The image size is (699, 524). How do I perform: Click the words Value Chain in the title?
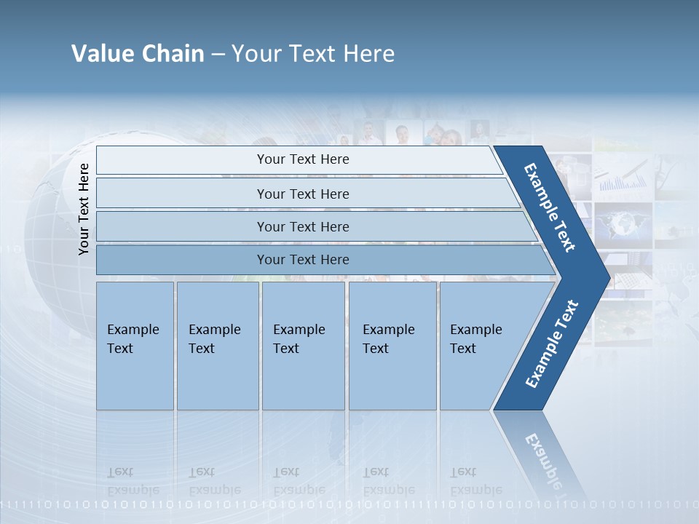tap(138, 54)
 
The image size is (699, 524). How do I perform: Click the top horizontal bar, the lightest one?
tap(302, 160)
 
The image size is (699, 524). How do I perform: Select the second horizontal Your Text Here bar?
tap(302, 194)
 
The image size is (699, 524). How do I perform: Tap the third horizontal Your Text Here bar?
tap(302, 227)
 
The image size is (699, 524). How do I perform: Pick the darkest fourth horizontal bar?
tap(302, 260)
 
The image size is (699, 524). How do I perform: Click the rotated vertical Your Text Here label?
tap(84, 209)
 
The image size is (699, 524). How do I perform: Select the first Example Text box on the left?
tap(135, 346)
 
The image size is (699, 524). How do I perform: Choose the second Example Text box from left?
tap(217, 346)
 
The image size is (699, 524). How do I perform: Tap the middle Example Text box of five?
tap(303, 346)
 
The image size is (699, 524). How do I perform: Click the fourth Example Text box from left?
tap(392, 346)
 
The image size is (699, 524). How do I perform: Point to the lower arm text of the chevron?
tap(551, 344)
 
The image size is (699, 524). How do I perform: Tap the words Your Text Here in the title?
tap(313, 54)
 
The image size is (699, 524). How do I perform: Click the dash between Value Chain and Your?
tap(218, 55)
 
